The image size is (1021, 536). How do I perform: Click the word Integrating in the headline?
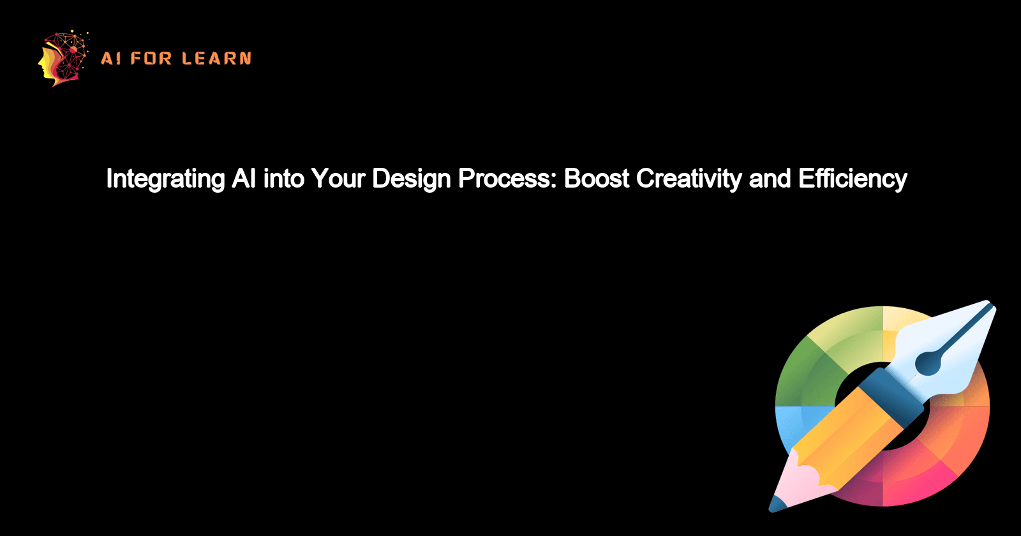(x=165, y=179)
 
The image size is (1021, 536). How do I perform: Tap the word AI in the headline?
(x=244, y=179)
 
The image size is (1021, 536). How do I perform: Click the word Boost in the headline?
(x=597, y=179)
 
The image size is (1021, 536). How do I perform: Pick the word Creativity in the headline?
(x=689, y=179)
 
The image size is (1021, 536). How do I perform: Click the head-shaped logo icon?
(x=63, y=58)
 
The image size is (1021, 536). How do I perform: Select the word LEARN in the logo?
(x=216, y=59)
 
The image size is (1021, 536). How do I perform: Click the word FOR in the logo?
(x=151, y=59)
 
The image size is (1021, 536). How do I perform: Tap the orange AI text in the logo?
(x=110, y=59)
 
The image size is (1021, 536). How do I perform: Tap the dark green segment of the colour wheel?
(x=801, y=370)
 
